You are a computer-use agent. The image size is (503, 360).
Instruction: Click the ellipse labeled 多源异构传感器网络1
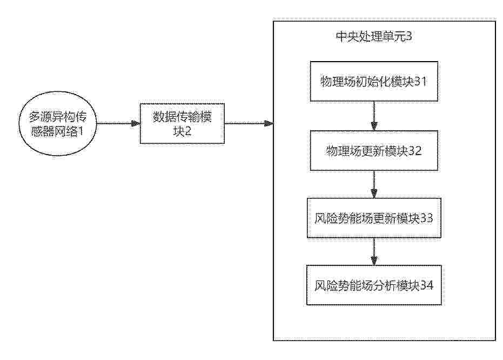58,124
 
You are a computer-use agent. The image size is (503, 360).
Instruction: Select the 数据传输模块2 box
182,124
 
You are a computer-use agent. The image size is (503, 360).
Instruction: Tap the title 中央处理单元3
374,36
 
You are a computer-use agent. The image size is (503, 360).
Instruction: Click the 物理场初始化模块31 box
374,82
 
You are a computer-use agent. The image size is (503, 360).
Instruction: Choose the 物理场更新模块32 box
374,150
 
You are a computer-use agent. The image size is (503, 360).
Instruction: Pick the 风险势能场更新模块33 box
374,218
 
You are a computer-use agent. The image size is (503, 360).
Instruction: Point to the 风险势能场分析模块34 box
374,285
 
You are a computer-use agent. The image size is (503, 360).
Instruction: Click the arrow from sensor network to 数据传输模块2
118,124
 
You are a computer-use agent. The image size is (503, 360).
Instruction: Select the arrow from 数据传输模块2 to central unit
249,124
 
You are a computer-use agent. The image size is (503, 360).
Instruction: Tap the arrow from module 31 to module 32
374,116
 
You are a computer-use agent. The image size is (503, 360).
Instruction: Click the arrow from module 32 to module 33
374,184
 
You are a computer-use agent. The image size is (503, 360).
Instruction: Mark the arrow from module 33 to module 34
374,251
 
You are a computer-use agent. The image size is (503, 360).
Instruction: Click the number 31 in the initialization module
420,82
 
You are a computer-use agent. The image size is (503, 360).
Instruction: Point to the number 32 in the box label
415,150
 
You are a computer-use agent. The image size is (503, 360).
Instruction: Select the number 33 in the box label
427,218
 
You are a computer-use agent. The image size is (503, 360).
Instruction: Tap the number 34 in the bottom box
427,285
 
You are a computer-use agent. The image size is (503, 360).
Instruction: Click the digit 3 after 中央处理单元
408,36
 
